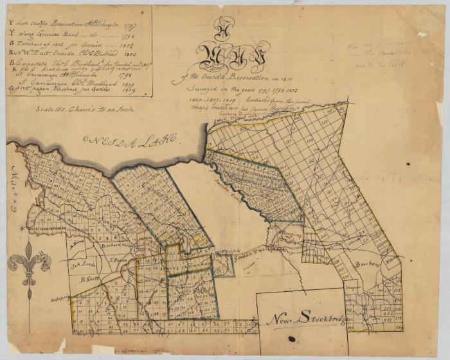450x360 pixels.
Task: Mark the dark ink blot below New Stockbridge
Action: [291, 339]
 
